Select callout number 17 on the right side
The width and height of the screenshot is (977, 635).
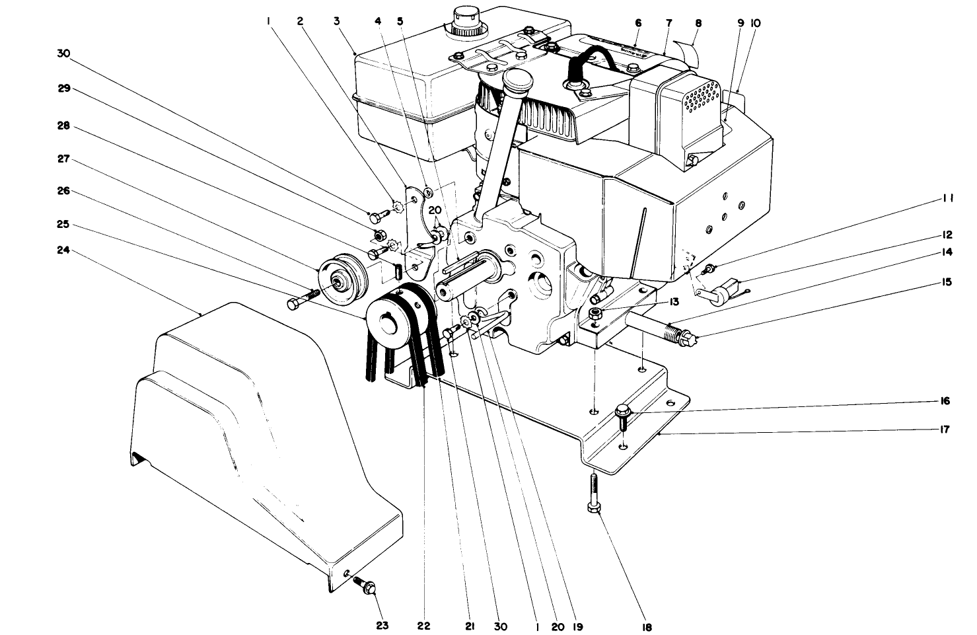click(x=945, y=430)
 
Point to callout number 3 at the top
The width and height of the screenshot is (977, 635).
click(x=337, y=21)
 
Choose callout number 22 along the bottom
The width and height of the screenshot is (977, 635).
click(x=423, y=625)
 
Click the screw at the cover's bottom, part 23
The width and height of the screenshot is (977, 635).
click(x=364, y=583)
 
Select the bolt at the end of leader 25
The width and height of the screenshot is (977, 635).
click(x=295, y=304)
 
